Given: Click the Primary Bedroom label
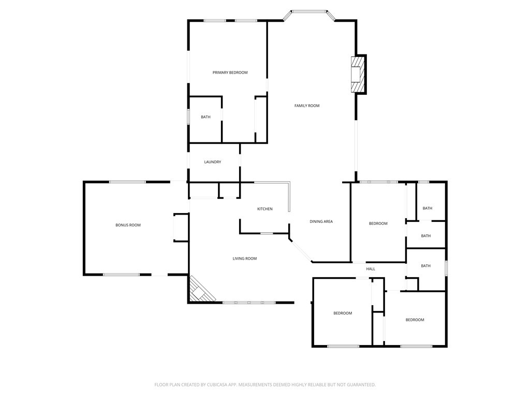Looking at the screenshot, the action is click(230, 73).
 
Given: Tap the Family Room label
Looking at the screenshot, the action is click(307, 106).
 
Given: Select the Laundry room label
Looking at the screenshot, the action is click(213, 162).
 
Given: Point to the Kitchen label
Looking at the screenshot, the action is click(265, 209).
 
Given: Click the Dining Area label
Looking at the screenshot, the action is click(321, 221).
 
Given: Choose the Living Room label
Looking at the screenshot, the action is click(245, 259).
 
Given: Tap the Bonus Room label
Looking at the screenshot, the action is click(128, 225).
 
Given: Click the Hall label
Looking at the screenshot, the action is click(371, 269).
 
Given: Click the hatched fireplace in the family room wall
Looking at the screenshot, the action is click(358, 75).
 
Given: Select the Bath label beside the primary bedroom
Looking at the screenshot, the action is click(206, 117).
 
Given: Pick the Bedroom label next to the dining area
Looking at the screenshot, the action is click(378, 223).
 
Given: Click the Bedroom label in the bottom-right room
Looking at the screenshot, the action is click(415, 320).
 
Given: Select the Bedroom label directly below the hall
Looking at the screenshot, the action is click(343, 313).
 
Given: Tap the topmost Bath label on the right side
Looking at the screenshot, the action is click(428, 208).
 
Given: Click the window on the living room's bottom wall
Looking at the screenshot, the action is click(249, 303).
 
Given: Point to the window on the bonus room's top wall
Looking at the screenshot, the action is click(127, 182).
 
